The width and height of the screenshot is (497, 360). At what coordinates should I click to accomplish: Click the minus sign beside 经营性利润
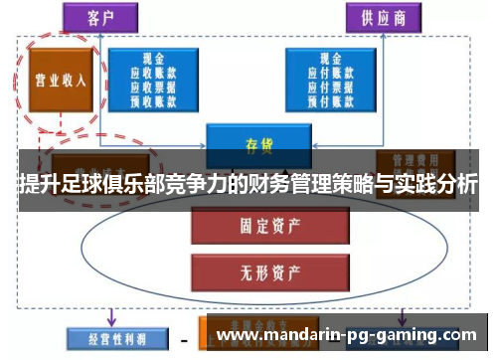pyautogui.click(x=184, y=340)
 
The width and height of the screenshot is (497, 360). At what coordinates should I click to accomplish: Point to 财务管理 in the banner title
pyautogui.click(x=278, y=185)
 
